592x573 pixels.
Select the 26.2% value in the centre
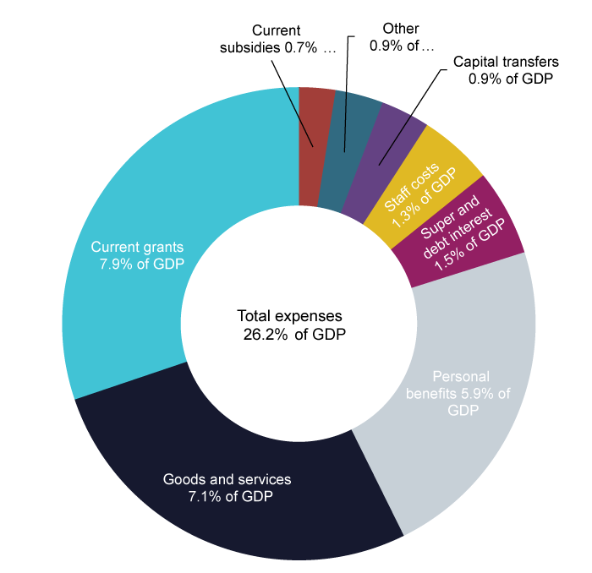pos(262,333)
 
